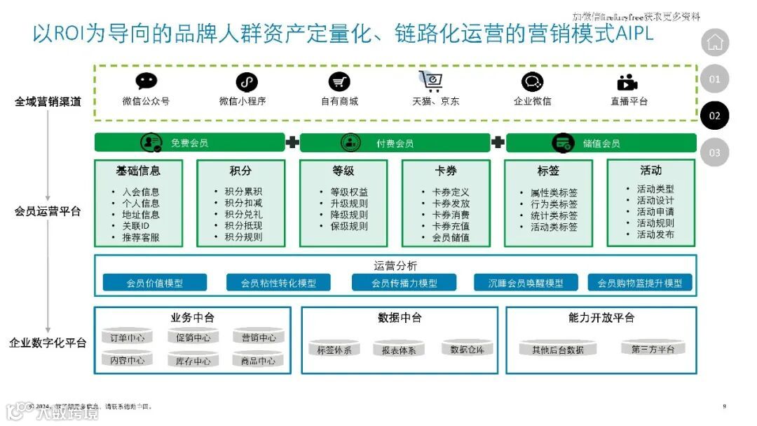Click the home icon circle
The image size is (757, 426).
(715, 42)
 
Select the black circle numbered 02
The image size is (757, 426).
(714, 115)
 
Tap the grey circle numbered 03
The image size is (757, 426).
(714, 152)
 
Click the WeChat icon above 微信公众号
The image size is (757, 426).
(146, 81)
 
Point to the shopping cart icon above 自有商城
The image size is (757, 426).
(339, 81)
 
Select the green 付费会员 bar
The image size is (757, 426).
(395, 143)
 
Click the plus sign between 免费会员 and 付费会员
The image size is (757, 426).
(292, 143)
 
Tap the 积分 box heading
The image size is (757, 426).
(240, 171)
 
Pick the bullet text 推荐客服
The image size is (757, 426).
(140, 237)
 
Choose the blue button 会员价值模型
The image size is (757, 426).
(155, 283)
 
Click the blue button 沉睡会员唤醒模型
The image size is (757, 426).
(526, 283)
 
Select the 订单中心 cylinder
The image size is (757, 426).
(128, 338)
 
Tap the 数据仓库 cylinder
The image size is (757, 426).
(467, 349)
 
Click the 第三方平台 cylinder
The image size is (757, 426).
(653, 349)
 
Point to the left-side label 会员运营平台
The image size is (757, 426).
(48, 211)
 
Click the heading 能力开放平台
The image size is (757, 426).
(601, 318)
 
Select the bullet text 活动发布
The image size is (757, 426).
(655, 234)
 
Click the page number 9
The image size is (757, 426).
(724, 406)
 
